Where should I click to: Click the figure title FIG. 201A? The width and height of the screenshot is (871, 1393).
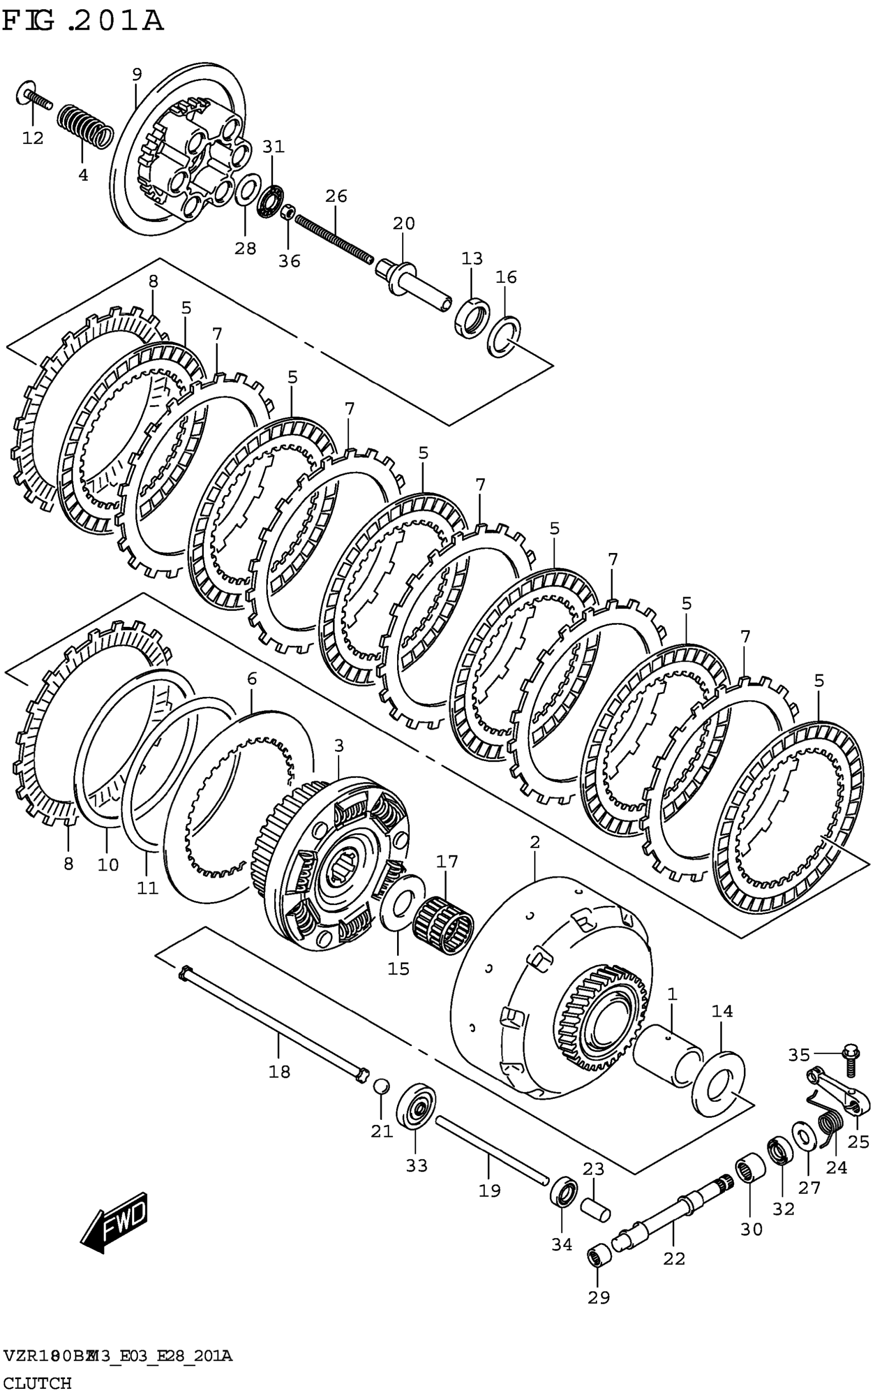coord(83,22)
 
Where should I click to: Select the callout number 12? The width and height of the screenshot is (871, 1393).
coord(33,138)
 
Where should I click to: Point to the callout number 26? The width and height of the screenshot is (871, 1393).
coord(336,196)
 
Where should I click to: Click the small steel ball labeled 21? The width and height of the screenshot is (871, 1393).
coord(381,1086)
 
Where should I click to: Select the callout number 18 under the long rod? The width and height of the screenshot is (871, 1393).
coord(279,1072)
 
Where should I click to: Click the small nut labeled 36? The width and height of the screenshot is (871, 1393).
coord(288,213)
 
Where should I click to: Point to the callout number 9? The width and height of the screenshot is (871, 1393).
coord(136,74)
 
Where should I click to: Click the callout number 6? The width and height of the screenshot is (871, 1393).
coord(252,679)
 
